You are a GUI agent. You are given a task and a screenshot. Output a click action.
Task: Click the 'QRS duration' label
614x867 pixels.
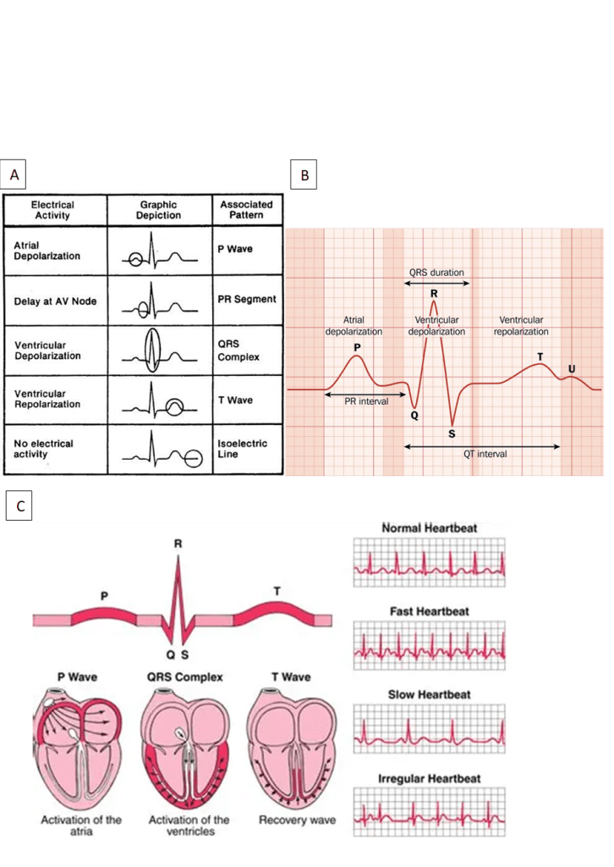pyautogui.click(x=436, y=273)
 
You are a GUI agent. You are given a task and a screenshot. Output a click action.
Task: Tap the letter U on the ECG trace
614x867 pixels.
pyautogui.click(x=572, y=368)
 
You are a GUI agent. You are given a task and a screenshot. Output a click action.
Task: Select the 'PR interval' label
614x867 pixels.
pyautogui.click(x=366, y=401)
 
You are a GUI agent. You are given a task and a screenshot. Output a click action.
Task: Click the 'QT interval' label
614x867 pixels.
pyautogui.click(x=485, y=454)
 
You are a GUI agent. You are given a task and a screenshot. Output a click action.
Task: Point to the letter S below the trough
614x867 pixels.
pyautogui.click(x=452, y=433)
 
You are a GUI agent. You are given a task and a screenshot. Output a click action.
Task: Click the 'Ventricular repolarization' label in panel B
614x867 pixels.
pyautogui.click(x=521, y=326)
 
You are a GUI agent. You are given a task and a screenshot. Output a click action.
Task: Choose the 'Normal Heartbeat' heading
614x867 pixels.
pyautogui.click(x=429, y=528)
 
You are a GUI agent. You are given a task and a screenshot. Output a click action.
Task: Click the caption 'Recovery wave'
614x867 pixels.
pyautogui.click(x=296, y=820)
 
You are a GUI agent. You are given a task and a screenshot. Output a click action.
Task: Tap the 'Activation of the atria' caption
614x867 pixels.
pyautogui.click(x=81, y=826)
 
